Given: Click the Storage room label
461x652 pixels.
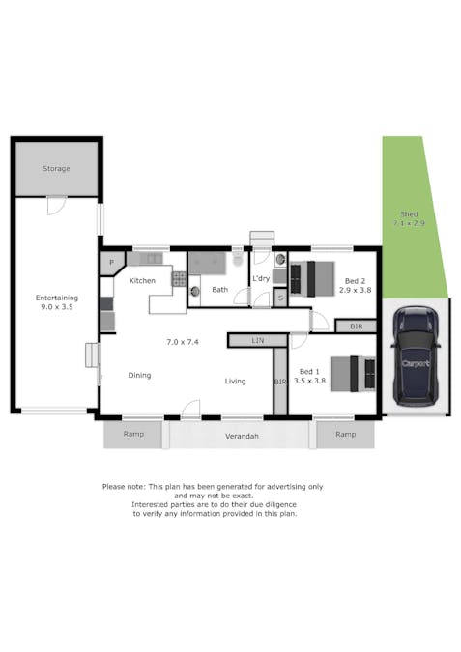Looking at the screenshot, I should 56,169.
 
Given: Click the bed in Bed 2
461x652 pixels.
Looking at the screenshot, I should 312,278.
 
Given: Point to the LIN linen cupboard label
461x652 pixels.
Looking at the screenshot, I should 258,340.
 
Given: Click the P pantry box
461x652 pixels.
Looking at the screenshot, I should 112,262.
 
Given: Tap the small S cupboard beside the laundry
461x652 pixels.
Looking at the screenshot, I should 279,298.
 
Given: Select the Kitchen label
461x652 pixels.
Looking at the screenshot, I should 143,281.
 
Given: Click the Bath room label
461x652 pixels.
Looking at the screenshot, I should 220,289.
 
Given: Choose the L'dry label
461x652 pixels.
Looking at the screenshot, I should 260,279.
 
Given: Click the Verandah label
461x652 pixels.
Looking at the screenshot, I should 243,437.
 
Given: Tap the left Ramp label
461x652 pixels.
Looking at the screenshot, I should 133,434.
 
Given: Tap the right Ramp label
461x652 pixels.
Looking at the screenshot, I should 345,434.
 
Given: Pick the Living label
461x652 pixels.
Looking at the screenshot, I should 236,382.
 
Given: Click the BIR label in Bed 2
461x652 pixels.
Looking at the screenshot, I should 357,326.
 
